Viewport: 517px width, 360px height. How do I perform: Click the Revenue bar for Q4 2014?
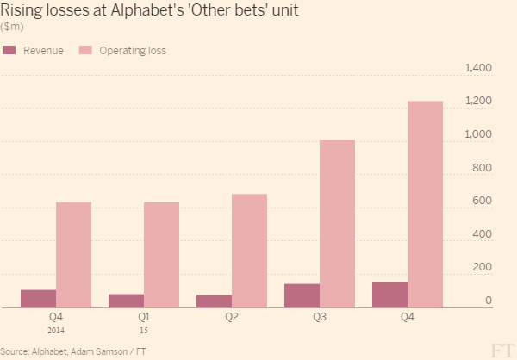[38, 298]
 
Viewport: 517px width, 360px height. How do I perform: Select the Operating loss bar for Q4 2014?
[73, 254]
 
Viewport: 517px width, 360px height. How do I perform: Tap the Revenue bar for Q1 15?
[126, 301]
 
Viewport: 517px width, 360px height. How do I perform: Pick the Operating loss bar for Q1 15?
[161, 254]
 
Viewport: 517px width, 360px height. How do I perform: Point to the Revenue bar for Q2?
[214, 301]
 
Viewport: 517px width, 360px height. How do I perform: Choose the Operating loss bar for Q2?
[249, 250]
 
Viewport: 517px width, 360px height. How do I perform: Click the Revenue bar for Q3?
[302, 295]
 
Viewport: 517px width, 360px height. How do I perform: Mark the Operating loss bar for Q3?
[337, 223]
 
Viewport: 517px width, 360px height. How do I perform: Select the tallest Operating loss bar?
[425, 203]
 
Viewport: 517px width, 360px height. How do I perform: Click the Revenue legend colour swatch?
[10, 51]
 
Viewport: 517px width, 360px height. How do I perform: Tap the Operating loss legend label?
[132, 51]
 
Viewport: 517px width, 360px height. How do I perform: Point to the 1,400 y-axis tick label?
[477, 68]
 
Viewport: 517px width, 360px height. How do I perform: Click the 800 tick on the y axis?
[483, 168]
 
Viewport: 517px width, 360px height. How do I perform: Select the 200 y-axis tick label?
[483, 268]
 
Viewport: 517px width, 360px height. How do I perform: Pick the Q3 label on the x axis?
[320, 317]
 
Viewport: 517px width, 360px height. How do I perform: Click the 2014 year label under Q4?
[55, 330]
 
